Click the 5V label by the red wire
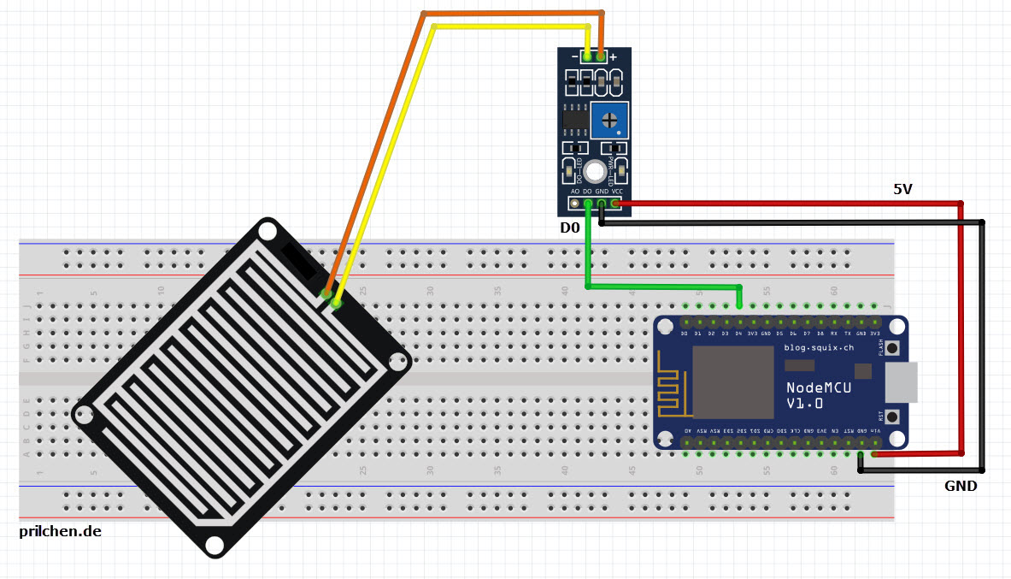click(x=902, y=190)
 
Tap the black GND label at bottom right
click(x=961, y=486)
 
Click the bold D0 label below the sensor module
click(x=570, y=228)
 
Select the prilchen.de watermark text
click(x=60, y=531)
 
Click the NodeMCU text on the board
click(x=818, y=387)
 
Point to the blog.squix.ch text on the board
click(x=818, y=347)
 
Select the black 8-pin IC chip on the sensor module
click(x=575, y=120)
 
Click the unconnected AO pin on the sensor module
click(x=575, y=204)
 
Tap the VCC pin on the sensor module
click(x=616, y=204)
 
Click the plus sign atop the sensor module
click(x=613, y=56)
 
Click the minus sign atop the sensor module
click(x=574, y=56)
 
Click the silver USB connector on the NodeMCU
click(x=902, y=382)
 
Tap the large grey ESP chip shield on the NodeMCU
click(x=726, y=381)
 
